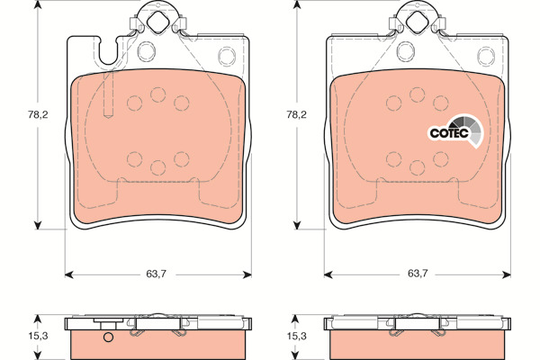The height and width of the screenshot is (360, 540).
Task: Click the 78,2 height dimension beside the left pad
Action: click(38, 114)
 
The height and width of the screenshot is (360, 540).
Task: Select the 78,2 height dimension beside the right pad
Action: click(296, 114)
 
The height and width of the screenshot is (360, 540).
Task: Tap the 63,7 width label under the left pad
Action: click(156, 274)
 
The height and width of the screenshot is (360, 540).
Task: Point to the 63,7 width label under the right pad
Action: click(418, 274)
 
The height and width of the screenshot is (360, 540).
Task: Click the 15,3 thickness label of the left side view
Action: click(38, 336)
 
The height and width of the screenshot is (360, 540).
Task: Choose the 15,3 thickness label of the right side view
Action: click(296, 336)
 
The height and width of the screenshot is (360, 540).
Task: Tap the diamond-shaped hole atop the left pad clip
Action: click(158, 22)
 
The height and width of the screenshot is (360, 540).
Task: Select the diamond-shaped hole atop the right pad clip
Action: click(417, 22)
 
